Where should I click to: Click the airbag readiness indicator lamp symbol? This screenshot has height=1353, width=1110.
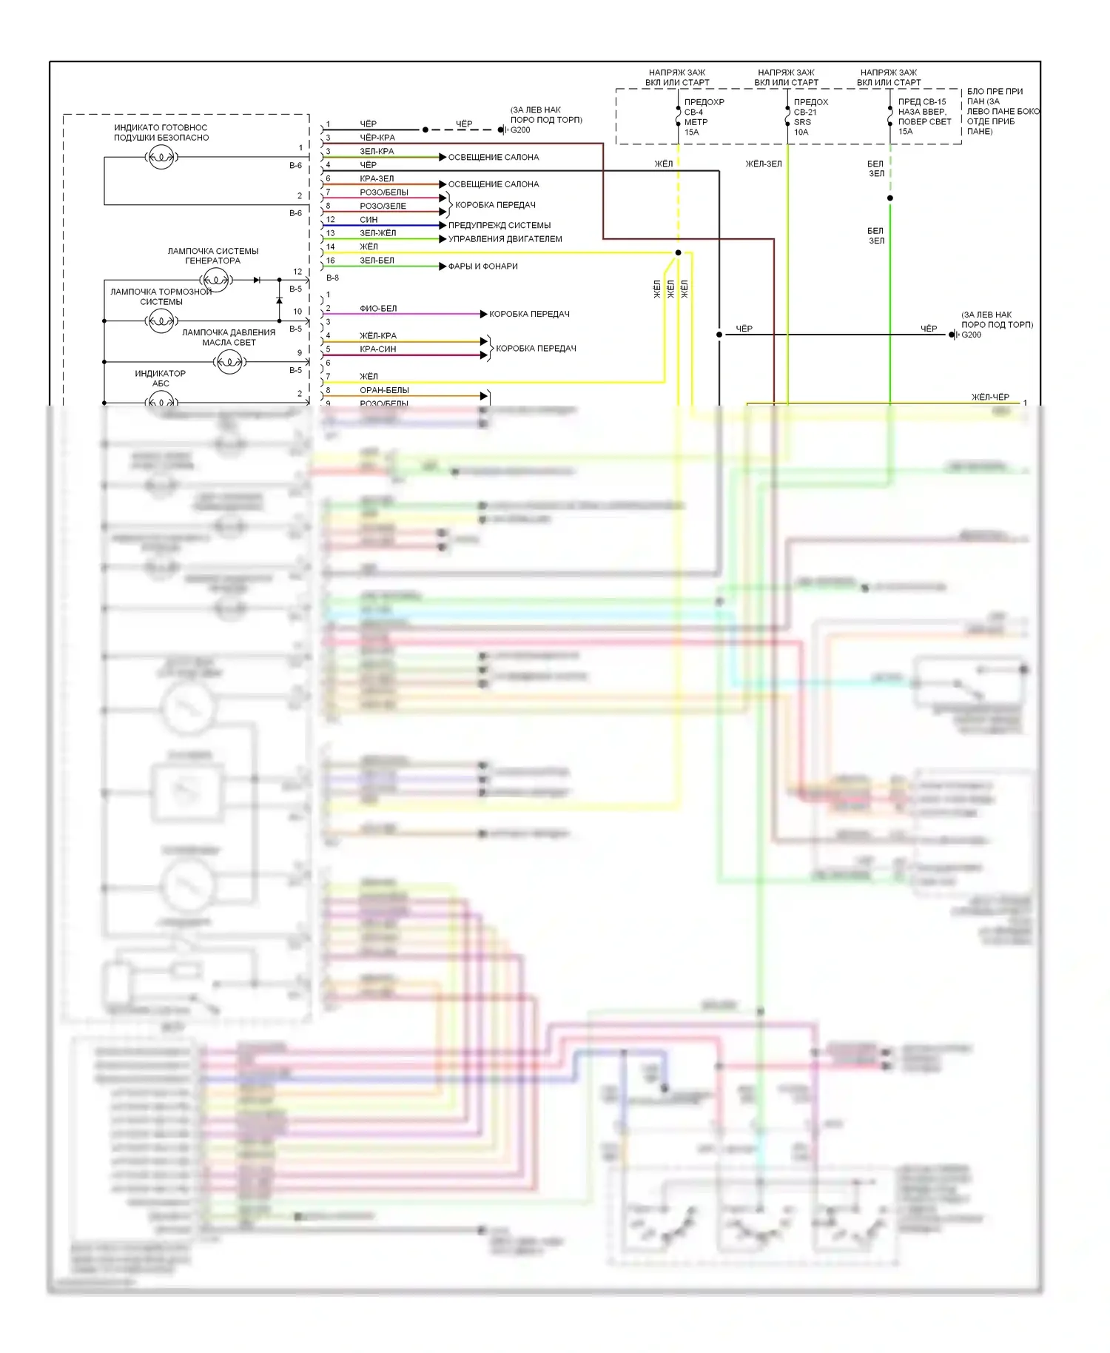tap(161, 157)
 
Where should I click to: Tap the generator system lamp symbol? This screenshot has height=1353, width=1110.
tap(216, 280)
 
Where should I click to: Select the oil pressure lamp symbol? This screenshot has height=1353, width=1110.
tap(229, 362)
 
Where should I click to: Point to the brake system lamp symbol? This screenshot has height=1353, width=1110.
tap(161, 320)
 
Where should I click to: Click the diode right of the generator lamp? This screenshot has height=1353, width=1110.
tap(257, 280)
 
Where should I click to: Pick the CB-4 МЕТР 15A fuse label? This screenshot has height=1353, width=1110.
tap(699, 117)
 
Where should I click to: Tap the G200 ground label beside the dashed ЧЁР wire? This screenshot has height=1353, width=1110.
tap(520, 130)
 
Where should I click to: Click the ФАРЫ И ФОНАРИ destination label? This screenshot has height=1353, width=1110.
tap(482, 266)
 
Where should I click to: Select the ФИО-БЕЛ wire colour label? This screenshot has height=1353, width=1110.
tap(378, 308)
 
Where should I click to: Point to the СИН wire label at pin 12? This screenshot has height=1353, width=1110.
tap(369, 220)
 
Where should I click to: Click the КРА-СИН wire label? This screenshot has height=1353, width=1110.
tap(377, 349)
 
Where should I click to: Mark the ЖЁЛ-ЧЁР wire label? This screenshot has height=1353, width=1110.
tap(989, 397)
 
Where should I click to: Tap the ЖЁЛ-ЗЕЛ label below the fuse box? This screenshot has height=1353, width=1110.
tap(763, 164)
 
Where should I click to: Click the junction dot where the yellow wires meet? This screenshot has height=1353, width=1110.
tap(678, 252)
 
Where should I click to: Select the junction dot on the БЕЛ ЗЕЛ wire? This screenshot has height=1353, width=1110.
tap(889, 198)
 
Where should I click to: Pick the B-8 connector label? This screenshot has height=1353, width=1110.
tap(332, 278)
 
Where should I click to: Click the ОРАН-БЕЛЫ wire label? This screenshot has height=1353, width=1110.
tap(384, 390)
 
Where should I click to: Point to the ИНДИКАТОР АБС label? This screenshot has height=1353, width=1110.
tap(160, 378)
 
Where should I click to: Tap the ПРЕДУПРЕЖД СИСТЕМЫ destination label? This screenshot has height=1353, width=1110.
tap(499, 225)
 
